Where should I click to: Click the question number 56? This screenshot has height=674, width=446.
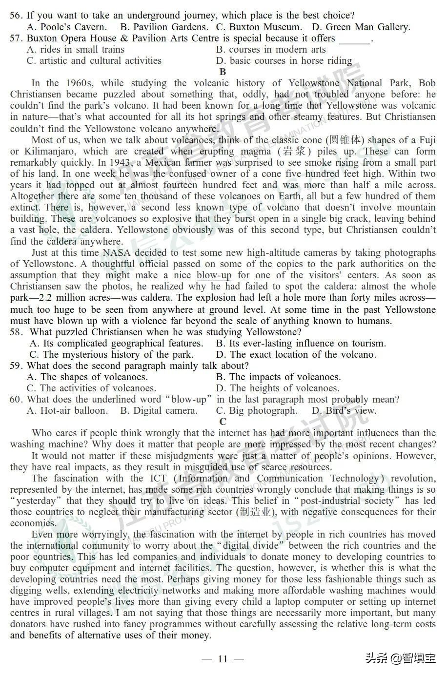point(16,16)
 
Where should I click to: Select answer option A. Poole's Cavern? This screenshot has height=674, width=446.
point(67,27)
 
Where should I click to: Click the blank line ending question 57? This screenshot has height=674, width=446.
point(355,39)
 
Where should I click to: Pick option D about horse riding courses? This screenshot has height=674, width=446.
point(284,61)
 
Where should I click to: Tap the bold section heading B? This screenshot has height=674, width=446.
point(223,72)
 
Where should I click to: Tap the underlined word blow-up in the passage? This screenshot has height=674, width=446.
point(214,275)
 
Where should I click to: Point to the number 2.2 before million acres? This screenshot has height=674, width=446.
point(55,298)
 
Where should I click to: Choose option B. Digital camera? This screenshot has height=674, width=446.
point(159,411)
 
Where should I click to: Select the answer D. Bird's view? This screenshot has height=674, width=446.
point(345,411)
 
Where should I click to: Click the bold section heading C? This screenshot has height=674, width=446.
point(223,422)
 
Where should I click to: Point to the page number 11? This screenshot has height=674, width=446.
point(223,659)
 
